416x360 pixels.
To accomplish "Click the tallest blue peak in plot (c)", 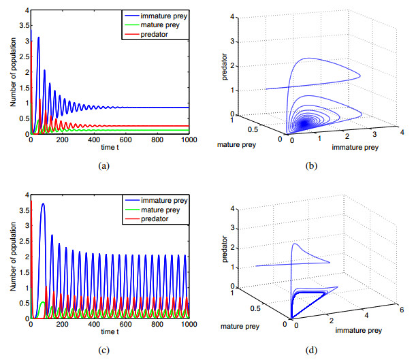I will pos(44,203).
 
